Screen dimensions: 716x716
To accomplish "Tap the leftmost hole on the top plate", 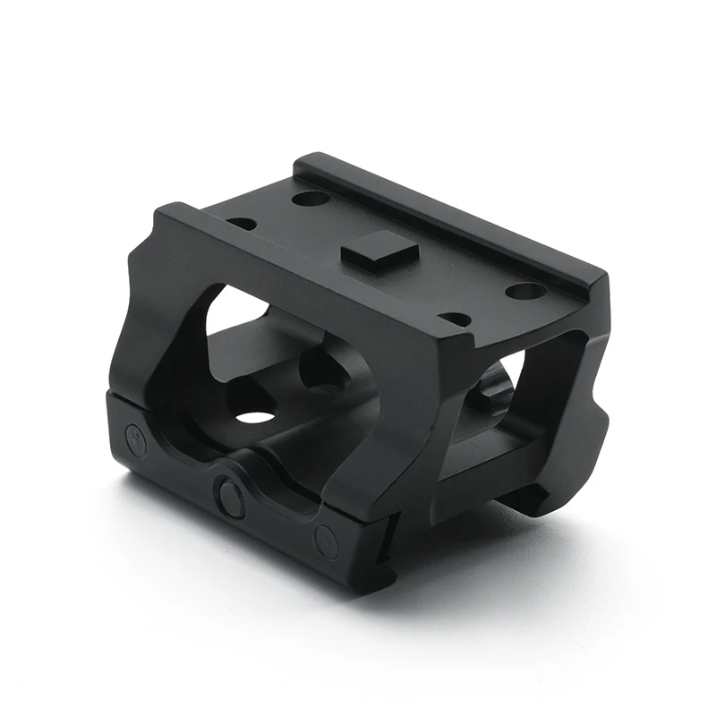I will (x=241, y=223).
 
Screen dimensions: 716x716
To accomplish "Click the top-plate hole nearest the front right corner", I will (x=456, y=318).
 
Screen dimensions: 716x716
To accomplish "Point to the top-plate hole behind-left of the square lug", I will (x=310, y=198).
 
